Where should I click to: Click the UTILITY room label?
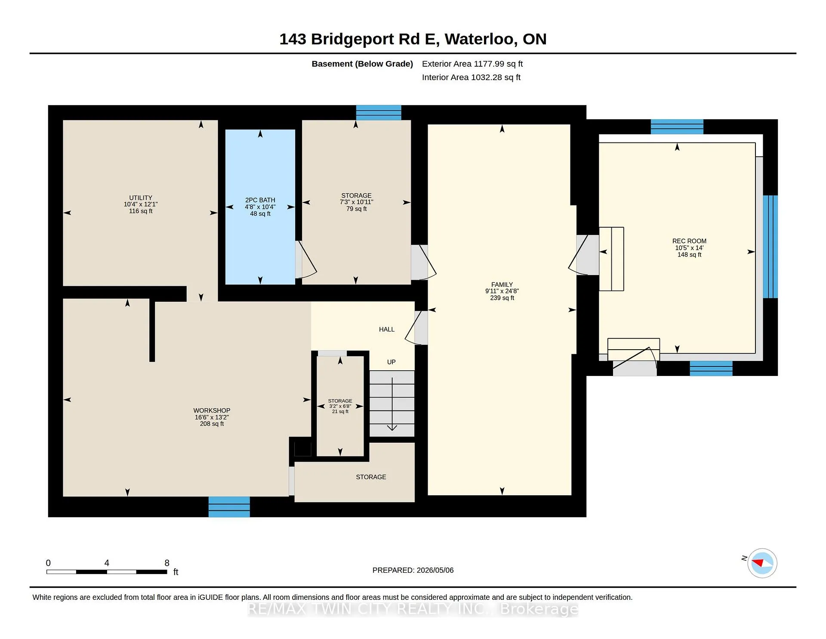(141, 198)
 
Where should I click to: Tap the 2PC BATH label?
(260, 200)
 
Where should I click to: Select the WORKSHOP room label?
(212, 411)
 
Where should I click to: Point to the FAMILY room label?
(502, 285)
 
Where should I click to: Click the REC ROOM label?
(689, 241)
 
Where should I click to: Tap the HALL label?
(387, 329)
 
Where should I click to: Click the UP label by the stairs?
(391, 362)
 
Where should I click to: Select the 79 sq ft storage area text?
(357, 209)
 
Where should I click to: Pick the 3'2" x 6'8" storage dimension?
(340, 406)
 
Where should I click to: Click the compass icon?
(762, 563)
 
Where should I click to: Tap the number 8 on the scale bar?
(167, 563)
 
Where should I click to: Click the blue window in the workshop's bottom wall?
(229, 507)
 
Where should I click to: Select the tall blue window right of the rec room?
(770, 247)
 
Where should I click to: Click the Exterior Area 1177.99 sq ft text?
(472, 64)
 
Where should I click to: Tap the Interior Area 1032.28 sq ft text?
(471, 78)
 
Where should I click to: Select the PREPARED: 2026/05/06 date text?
(413, 570)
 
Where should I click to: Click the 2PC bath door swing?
(306, 259)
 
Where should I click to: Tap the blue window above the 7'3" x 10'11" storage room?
(379, 113)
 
